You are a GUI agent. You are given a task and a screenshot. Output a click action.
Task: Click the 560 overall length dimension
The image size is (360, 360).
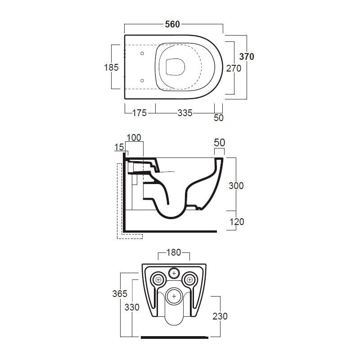point(172,24)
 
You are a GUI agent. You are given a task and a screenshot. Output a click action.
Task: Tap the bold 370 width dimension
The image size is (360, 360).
point(247,57)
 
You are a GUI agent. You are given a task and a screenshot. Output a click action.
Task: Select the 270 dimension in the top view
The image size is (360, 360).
point(234,68)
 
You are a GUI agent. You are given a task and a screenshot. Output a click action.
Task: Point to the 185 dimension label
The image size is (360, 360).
point(111,67)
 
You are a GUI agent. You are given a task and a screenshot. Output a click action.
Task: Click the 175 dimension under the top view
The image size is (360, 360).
point(139,113)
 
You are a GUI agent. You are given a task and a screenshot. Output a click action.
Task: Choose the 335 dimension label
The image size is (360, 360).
point(185,113)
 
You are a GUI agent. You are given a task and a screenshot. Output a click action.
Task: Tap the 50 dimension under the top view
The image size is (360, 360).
point(219,118)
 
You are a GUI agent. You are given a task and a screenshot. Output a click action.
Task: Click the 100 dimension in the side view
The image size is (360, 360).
point(134,138)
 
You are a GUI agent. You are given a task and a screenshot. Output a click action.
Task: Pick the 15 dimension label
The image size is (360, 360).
point(119,147)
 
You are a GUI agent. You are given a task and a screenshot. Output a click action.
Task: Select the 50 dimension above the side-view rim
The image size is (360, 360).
point(219,143)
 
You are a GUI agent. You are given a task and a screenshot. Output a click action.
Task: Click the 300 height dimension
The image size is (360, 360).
point(236,185)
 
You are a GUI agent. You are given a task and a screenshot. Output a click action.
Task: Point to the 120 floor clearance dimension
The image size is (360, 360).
point(237,222)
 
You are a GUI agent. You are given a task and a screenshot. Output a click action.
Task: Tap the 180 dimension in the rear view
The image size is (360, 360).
point(174,252)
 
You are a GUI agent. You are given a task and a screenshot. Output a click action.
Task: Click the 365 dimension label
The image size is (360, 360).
point(120,293)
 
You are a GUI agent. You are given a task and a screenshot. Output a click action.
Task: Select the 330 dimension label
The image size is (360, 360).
point(132,307)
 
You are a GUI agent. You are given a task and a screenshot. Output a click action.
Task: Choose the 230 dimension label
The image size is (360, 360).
point(220,316)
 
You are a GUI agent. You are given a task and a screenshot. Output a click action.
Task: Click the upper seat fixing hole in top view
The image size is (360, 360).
point(142,53)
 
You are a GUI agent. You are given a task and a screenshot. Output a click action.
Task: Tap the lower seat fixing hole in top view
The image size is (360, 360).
point(142,81)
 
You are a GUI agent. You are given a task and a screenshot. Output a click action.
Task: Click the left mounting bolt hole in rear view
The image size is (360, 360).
point(158,279)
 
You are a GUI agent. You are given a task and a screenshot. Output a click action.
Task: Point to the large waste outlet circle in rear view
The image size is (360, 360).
point(174,296)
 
